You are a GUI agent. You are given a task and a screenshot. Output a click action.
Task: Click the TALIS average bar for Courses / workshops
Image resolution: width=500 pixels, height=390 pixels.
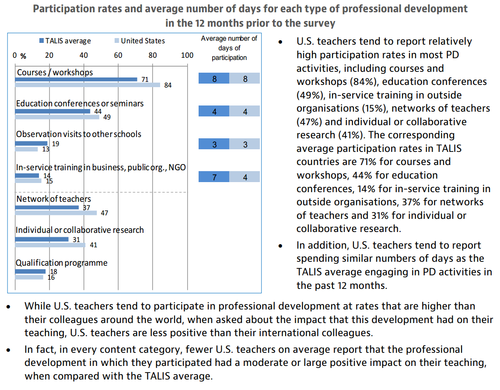(76, 79)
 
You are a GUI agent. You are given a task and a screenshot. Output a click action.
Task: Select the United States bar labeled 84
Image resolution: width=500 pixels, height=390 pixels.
(87, 85)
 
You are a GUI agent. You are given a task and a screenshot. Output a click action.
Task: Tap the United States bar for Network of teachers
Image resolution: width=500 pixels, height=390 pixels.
(56, 213)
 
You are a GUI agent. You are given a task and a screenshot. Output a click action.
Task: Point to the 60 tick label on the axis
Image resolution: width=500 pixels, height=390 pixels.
(118, 55)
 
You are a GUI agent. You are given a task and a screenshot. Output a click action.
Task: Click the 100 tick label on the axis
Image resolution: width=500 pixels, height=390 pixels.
(187, 55)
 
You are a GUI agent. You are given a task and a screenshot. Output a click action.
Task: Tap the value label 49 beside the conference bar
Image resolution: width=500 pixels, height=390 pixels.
(107, 117)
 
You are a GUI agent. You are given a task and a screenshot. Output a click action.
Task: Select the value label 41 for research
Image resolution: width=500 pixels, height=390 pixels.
(93, 245)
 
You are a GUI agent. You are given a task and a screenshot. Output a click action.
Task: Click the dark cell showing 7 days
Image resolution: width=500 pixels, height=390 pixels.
(214, 177)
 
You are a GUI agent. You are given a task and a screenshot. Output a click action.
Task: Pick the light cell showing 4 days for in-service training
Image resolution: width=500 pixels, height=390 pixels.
(245, 177)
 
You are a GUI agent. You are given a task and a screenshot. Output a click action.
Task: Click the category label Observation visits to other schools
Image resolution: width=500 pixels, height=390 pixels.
(79, 134)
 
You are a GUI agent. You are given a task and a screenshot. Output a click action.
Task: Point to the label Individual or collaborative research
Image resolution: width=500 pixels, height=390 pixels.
(80, 230)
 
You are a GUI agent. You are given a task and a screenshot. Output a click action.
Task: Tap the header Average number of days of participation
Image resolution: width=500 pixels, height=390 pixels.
(229, 48)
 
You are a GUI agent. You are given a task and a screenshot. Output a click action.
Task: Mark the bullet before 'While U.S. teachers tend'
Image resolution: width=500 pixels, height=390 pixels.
(9, 306)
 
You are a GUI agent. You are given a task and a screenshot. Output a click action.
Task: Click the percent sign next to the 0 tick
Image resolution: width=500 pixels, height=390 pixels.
(23, 56)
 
